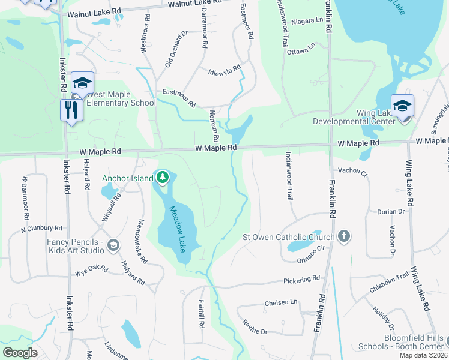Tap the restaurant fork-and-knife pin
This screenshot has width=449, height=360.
[71, 110]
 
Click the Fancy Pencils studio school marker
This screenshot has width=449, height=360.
[113, 245]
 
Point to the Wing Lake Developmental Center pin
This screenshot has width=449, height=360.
[402, 106]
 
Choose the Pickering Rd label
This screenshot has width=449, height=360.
[302, 280]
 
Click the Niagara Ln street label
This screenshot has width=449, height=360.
[307, 21]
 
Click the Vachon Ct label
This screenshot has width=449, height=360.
[352, 171]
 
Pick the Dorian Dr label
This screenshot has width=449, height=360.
[391, 212]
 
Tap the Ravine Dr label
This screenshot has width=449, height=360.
[255, 328]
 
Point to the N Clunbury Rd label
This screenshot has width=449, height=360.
[41, 229]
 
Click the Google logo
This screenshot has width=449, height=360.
[20, 353]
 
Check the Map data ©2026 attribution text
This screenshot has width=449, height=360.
[423, 355]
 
